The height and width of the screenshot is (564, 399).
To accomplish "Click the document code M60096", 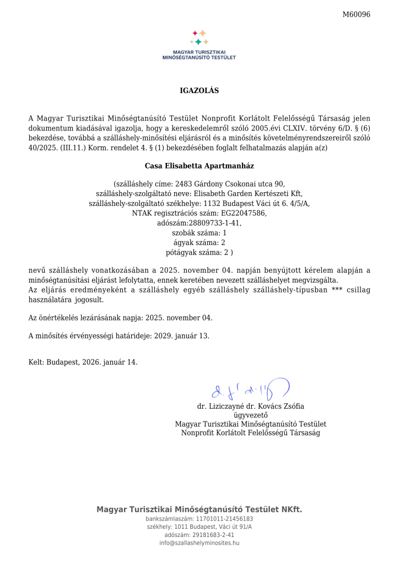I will click(357, 14).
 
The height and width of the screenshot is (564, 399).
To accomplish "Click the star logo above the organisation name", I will click(199, 37).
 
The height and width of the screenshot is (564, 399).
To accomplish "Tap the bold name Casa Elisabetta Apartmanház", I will click(199, 165).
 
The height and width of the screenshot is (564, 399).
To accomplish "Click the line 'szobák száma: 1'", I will click(199, 232).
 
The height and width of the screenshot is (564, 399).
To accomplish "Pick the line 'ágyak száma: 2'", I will click(199, 242).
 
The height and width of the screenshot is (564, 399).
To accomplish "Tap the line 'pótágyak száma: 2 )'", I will click(199, 252).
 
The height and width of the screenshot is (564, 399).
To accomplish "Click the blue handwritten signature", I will click(249, 389).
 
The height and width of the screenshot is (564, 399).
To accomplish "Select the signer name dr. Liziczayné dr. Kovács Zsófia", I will click(250, 407).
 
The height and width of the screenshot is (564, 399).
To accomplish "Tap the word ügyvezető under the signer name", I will click(250, 415).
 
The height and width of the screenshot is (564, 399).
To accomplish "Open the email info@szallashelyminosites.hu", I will click(199, 543).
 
